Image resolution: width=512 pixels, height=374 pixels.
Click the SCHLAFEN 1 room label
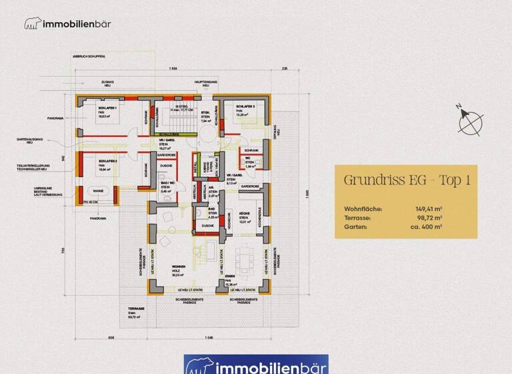point(108,108)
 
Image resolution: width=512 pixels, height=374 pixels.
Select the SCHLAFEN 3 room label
point(245,107)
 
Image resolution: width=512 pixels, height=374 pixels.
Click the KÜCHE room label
point(244,213)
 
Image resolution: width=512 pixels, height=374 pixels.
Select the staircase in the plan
point(178,119)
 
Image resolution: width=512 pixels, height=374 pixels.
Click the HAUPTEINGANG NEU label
point(203,83)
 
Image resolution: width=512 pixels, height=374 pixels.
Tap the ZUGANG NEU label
point(108,83)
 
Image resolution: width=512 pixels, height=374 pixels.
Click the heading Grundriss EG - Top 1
point(407,180)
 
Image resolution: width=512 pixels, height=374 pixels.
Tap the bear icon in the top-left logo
point(32,24)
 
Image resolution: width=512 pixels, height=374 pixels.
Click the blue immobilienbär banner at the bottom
point(256,365)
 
